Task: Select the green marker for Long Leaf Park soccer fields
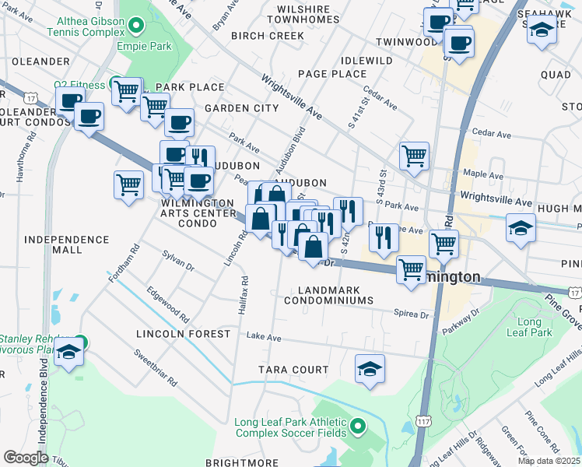(357, 426)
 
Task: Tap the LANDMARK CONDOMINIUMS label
(335, 300)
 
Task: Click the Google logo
(26, 457)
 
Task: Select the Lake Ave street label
(263, 337)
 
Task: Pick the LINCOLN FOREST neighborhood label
(183, 334)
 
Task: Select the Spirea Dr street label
(413, 314)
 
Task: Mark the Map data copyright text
(549, 461)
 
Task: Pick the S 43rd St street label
(382, 188)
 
